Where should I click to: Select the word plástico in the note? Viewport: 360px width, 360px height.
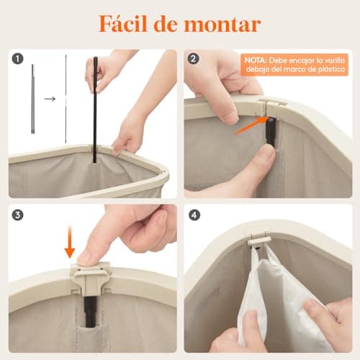pyautogui.click(x=325, y=72)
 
